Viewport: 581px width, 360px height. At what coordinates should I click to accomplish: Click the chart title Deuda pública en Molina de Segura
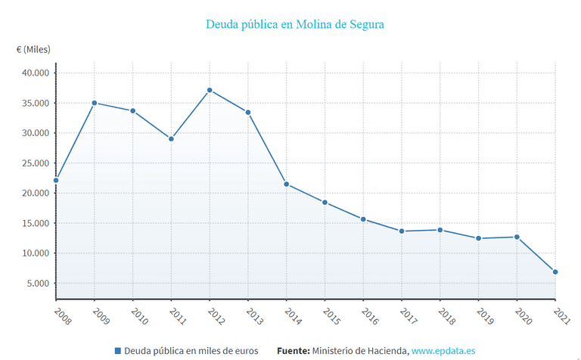(x=295, y=24)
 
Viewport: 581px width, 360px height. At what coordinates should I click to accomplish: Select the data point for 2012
(x=210, y=91)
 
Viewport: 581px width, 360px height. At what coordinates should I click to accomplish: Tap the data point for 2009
(x=95, y=103)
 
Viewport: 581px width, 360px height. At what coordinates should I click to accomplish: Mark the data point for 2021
(x=555, y=272)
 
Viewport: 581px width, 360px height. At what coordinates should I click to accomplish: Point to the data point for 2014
(x=287, y=185)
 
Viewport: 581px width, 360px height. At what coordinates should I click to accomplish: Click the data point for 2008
(x=56, y=181)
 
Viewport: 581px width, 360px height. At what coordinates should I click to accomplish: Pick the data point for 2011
(x=172, y=139)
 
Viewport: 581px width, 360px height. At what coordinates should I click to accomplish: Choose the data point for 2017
(x=402, y=231)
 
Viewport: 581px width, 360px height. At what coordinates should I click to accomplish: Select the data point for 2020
(x=517, y=237)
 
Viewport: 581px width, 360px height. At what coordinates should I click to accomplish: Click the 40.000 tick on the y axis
(x=34, y=73)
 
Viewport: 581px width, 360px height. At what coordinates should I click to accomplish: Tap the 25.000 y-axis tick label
(x=34, y=163)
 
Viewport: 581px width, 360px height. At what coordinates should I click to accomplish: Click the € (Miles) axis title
(x=33, y=50)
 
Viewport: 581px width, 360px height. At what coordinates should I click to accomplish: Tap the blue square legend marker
(x=117, y=351)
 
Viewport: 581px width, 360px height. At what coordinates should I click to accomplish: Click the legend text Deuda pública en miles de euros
(x=191, y=351)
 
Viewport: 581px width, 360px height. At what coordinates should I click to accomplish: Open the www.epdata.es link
(x=443, y=351)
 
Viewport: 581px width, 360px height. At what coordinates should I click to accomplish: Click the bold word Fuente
(x=294, y=351)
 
